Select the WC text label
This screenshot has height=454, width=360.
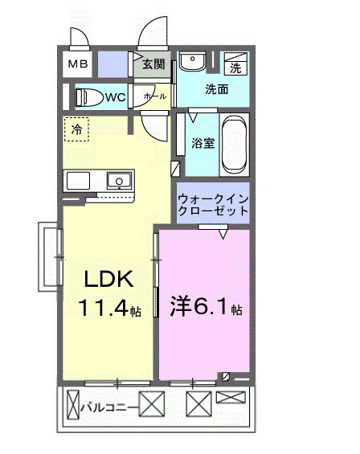114,98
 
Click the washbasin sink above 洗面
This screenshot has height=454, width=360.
192,63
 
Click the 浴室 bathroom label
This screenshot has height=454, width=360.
202,143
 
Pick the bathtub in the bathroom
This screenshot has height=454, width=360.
235,144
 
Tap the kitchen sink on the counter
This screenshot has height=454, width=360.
118,180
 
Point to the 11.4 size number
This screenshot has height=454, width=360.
103,307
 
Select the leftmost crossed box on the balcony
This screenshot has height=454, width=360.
74,401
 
